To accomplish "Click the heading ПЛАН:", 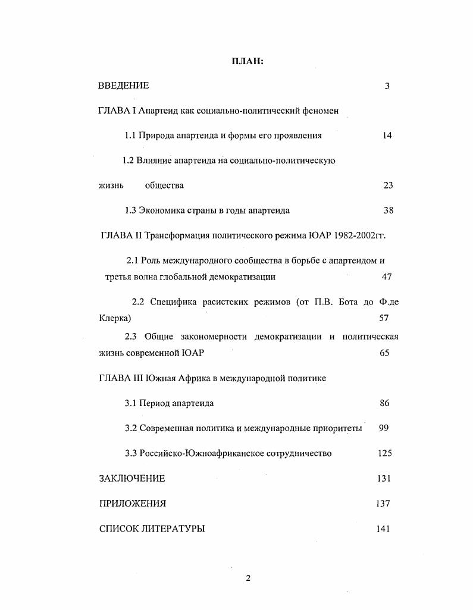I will click(x=247, y=62).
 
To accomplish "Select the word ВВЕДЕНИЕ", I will click(x=123, y=86).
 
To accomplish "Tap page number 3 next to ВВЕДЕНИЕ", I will click(x=387, y=86).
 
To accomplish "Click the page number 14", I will click(x=387, y=136).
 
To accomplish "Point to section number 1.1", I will click(x=130, y=136).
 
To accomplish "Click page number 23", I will click(x=388, y=185).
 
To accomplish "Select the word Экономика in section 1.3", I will click(x=161, y=210).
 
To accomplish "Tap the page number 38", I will click(x=388, y=210).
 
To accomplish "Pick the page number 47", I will click(x=387, y=277).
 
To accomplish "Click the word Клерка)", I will click(x=115, y=318).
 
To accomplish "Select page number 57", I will click(x=384, y=318).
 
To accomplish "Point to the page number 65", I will click(x=384, y=353).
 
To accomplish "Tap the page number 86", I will click(x=384, y=403).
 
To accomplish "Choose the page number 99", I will click(x=384, y=428).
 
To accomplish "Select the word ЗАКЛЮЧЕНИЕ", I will click(x=132, y=479).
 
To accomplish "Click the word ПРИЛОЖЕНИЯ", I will click(x=132, y=504).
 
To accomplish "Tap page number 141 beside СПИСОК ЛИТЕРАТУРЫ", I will click(x=383, y=529).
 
